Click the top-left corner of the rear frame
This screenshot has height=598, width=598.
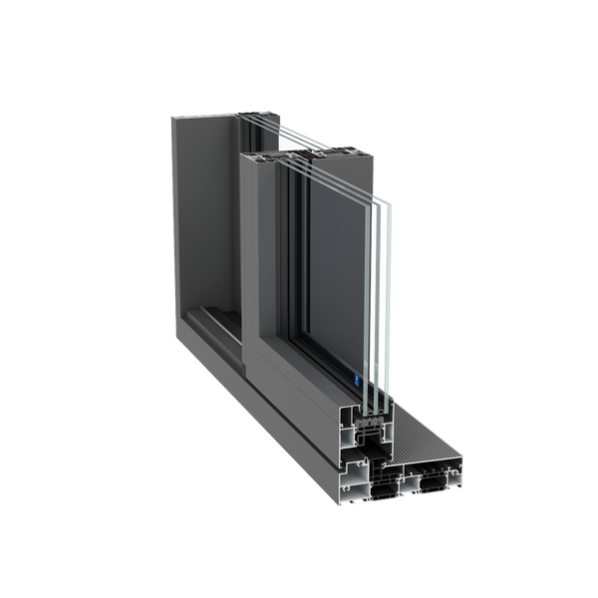[170, 116]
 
